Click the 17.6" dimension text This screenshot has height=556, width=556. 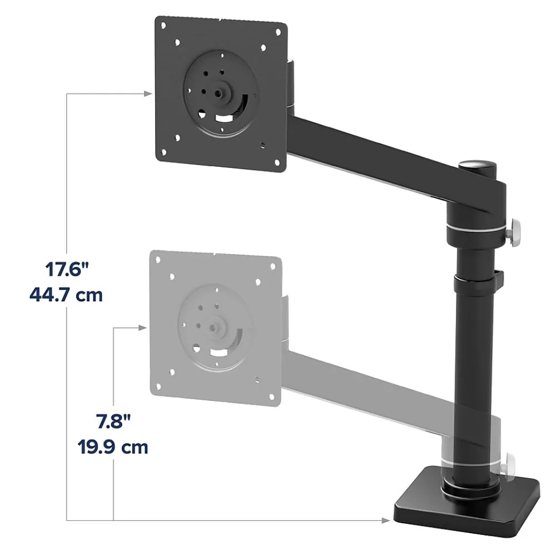pos(67,269)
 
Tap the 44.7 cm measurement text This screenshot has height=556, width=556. pos(66,295)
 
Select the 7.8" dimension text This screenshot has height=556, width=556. pos(113,422)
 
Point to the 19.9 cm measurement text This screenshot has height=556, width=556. pos(113,447)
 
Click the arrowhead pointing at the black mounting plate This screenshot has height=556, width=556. pos(148,93)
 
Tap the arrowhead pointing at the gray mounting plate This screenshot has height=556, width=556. pos(142,328)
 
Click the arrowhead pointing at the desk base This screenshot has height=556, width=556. pos(386,520)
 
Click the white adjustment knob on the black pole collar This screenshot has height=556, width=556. pos(513,232)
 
